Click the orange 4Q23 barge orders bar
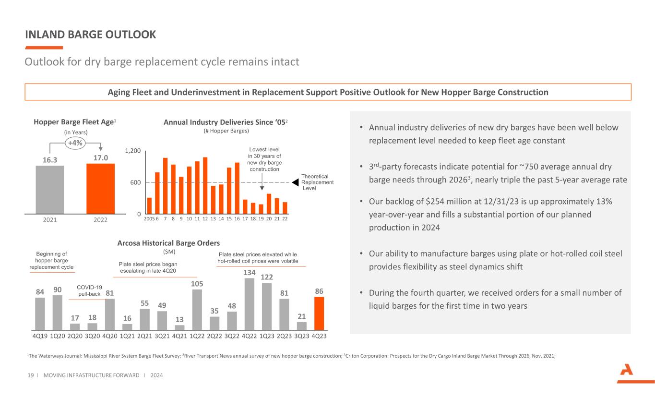tap(319, 313)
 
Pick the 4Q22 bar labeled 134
tap(250, 304)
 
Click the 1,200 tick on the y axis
tap(132, 151)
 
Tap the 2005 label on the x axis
tap(149, 219)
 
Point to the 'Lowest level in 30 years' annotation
tap(263, 159)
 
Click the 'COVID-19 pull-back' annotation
tap(89, 290)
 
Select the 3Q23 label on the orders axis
tap(302, 336)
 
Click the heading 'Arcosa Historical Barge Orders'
tap(168, 243)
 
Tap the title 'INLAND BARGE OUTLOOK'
tap(90, 35)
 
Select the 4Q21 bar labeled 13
tap(179, 327)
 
